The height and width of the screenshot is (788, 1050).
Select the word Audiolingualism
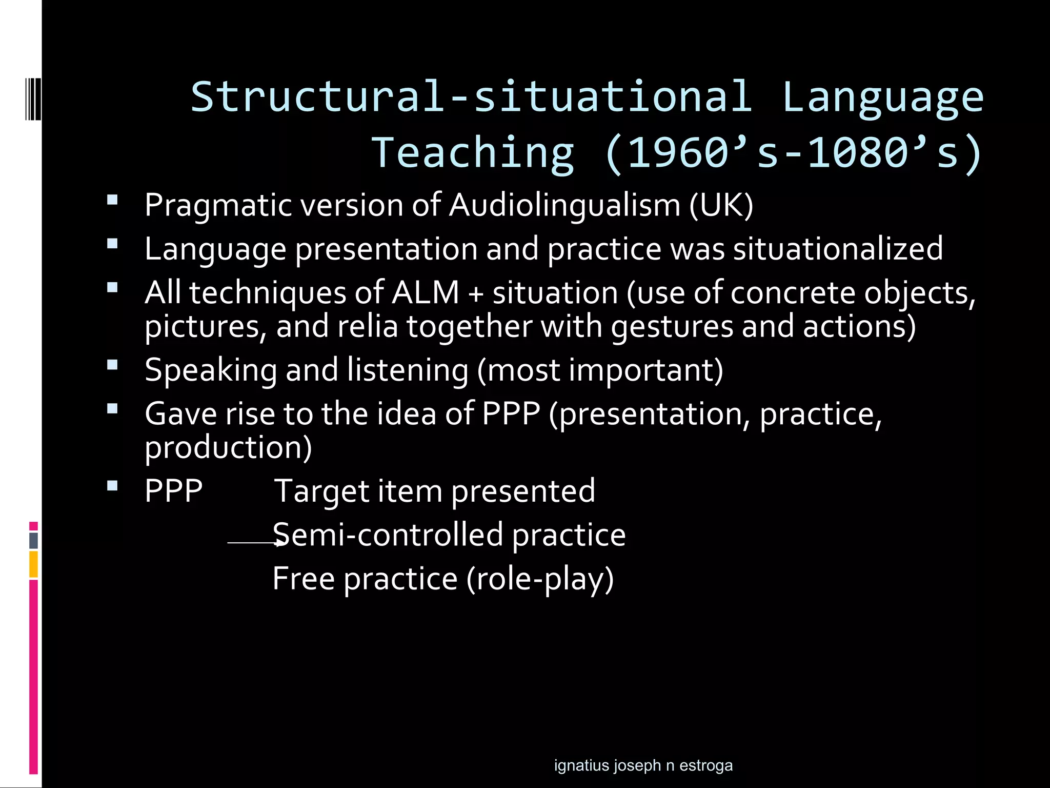pyautogui.click(x=564, y=205)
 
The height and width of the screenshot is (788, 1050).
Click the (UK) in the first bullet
pyautogui.click(x=721, y=205)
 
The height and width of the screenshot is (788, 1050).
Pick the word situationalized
pyautogui.click(x=838, y=249)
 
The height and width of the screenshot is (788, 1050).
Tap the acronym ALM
pyautogui.click(x=425, y=293)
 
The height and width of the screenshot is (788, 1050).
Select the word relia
pyautogui.click(x=367, y=327)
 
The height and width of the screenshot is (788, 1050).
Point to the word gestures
pyautogui.click(x=672, y=327)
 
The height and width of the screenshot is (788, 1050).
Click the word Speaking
pyautogui.click(x=211, y=370)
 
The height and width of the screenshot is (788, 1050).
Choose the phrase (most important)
pyautogui.click(x=600, y=370)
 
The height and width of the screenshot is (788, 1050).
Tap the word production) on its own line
pyautogui.click(x=228, y=447)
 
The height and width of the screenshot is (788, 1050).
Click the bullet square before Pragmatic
pyautogui.click(x=112, y=199)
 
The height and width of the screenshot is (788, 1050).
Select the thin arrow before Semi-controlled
pyautogui.click(x=254, y=542)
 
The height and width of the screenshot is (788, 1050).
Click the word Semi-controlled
pyautogui.click(x=388, y=535)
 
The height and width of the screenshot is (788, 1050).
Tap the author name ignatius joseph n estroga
pyautogui.click(x=643, y=765)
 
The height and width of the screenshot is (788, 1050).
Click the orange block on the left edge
pyautogui.click(x=33, y=564)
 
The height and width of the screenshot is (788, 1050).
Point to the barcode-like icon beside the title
pyautogui.click(x=33, y=98)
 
